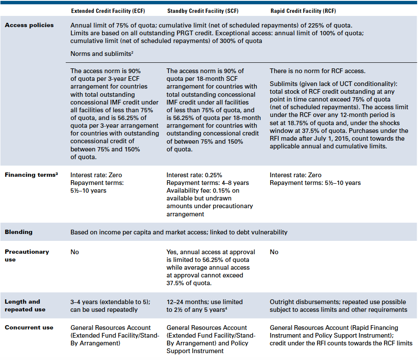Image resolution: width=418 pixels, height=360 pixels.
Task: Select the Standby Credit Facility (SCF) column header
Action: [207, 11]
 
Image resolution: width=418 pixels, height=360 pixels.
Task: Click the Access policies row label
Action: [29, 25]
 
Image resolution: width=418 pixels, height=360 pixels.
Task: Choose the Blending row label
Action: [18, 232]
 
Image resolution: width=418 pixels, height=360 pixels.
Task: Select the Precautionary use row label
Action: [27, 255]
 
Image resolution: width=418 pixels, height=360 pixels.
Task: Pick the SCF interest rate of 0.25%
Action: [194, 175]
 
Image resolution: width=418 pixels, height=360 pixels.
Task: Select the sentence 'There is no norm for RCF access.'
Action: [317, 71]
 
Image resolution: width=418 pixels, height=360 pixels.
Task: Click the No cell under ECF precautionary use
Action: [75, 252]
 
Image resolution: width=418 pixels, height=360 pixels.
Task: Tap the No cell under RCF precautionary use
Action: [274, 252]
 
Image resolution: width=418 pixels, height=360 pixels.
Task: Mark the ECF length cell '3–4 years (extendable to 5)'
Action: [110, 302]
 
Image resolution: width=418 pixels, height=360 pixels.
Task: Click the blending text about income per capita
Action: [179, 232]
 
